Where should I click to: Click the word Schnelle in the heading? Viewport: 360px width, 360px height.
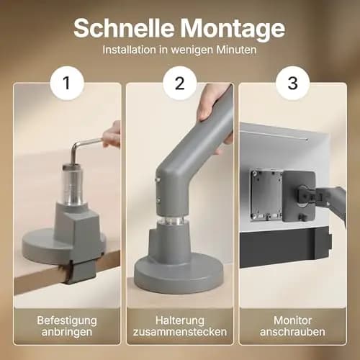pyautogui.click(x=124, y=28)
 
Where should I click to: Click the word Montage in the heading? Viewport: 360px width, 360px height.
pyautogui.click(x=233, y=30)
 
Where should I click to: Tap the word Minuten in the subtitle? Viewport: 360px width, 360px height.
pyautogui.click(x=236, y=50)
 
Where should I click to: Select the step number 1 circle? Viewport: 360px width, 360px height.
pyautogui.click(x=67, y=83)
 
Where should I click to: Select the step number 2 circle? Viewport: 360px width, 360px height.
pyautogui.click(x=180, y=83)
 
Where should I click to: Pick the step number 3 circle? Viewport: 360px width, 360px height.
pyautogui.click(x=292, y=83)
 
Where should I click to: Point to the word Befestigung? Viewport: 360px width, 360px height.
pyautogui.click(x=67, y=320)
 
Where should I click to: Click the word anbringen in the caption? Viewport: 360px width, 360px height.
pyautogui.click(x=67, y=332)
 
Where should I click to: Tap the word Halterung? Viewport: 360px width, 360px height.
pyautogui.click(x=180, y=320)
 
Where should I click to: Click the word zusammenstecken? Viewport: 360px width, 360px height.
pyautogui.click(x=180, y=332)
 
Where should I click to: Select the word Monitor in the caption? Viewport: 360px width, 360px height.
pyautogui.click(x=292, y=320)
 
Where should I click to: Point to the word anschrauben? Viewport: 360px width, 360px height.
pyautogui.click(x=292, y=332)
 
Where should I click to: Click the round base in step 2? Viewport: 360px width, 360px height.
pyautogui.click(x=179, y=274)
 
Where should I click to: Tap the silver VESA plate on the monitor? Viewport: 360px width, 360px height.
pyautogui.click(x=266, y=194)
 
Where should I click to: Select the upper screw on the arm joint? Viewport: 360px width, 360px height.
pyautogui.click(x=158, y=179)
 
